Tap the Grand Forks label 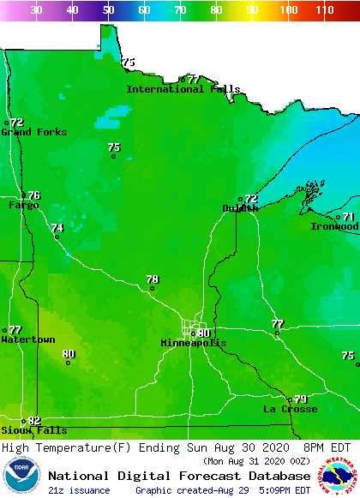(x=33, y=132)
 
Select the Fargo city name (x=24, y=206)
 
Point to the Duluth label (x=240, y=208)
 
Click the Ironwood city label (x=334, y=227)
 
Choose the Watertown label (x=27, y=340)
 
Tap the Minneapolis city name (x=194, y=343)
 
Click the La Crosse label (x=290, y=410)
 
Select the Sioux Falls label (x=33, y=430)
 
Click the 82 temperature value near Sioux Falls (x=34, y=420)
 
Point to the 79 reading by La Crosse (x=301, y=399)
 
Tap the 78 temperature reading (x=153, y=279)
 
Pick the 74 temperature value (x=57, y=228)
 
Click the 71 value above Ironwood (x=349, y=217)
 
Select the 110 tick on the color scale (x=324, y=10)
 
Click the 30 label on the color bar (x=36, y=10)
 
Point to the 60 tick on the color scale (x=144, y=10)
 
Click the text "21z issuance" (x=79, y=490)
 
